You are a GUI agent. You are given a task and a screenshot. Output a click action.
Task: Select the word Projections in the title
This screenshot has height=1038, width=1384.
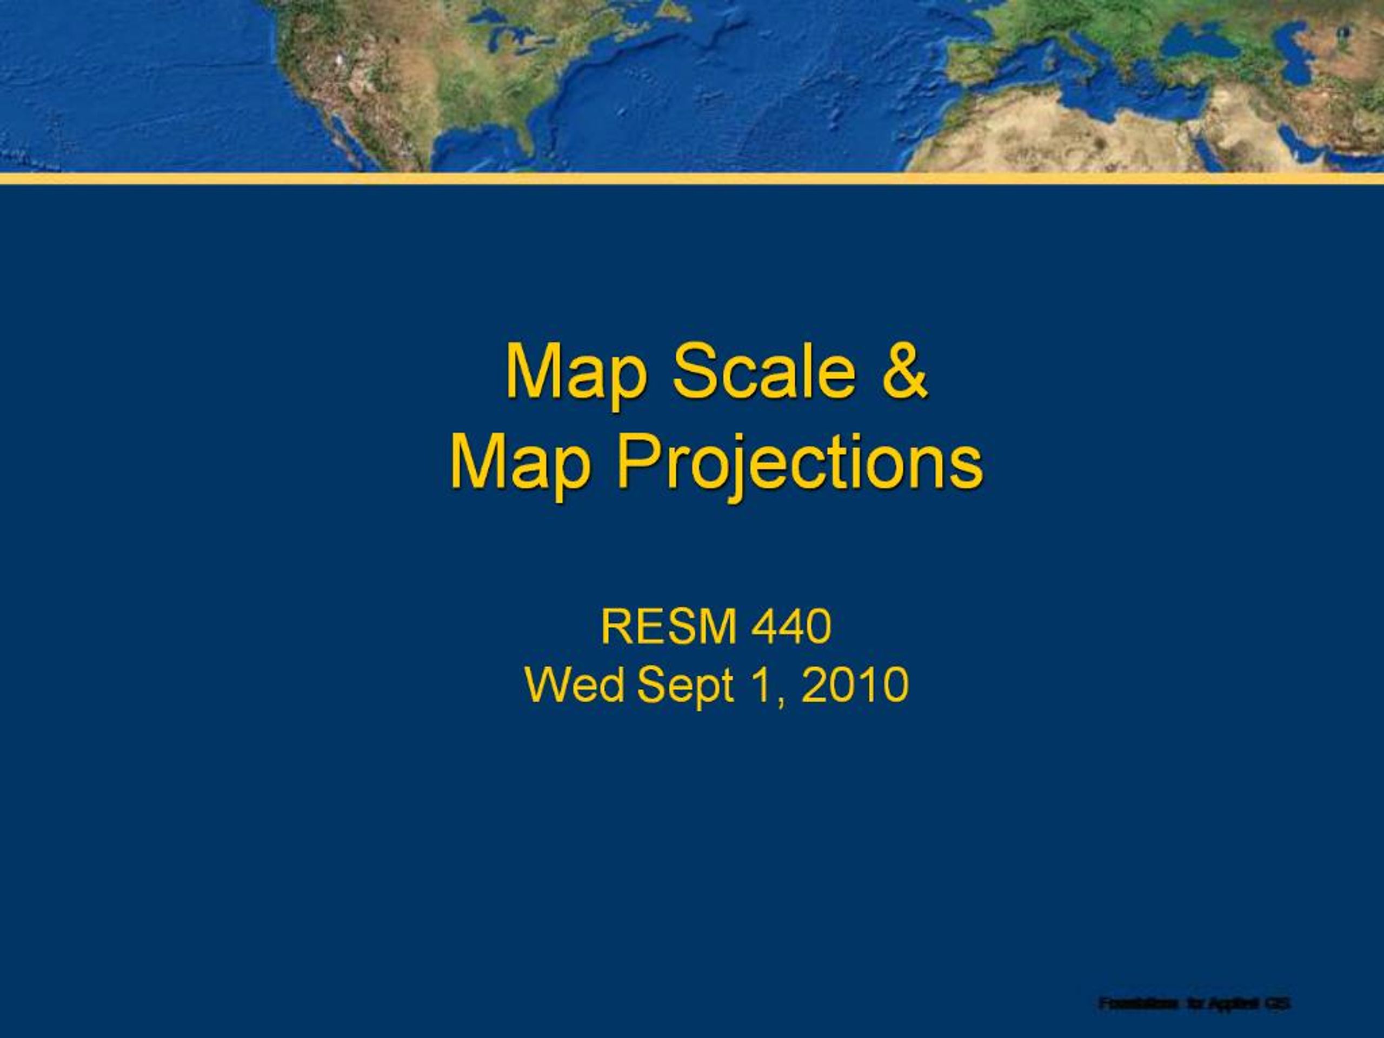800,464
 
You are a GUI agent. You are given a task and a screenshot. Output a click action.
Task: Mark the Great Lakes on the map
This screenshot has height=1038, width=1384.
501,28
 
